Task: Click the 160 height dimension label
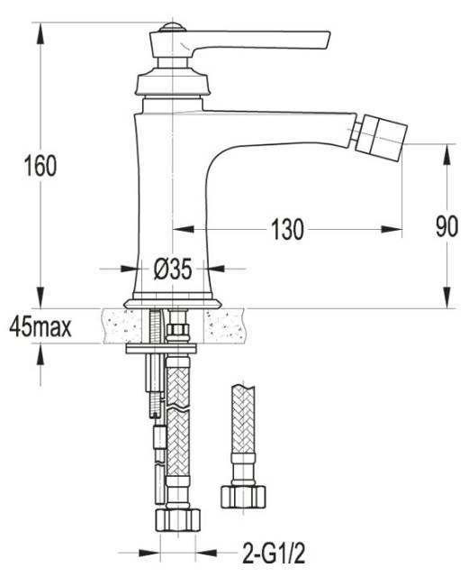click(41, 166)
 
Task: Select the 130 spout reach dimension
click(287, 229)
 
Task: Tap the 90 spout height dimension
click(447, 226)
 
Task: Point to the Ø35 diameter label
click(173, 269)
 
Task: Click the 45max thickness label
click(41, 326)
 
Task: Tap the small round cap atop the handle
click(172, 27)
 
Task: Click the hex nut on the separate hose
click(243, 497)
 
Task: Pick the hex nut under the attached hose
click(178, 520)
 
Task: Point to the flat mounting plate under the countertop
click(161, 349)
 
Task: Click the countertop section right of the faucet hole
click(225, 326)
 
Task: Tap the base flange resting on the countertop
click(173, 303)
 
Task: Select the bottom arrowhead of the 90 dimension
click(447, 298)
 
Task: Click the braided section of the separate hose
click(243, 419)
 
